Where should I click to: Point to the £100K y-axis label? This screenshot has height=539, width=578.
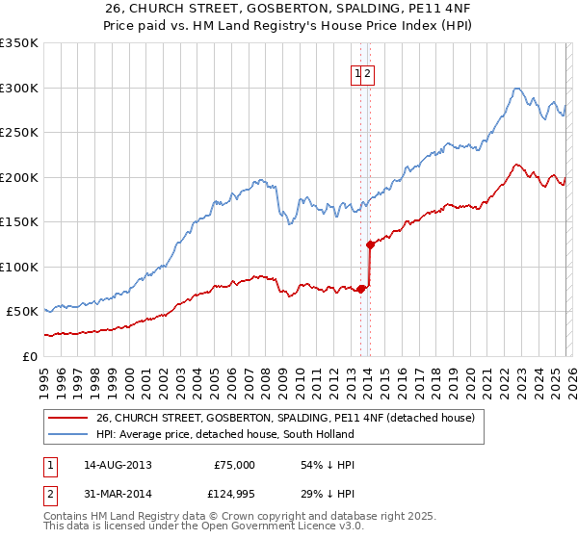click(x=19, y=267)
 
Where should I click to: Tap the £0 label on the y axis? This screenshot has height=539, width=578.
click(x=28, y=356)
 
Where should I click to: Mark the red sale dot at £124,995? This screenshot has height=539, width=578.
click(x=370, y=244)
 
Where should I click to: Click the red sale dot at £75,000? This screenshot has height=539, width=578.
click(x=361, y=289)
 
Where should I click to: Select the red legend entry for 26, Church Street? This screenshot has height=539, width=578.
click(x=285, y=419)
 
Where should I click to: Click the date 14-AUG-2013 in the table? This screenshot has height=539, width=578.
click(x=118, y=465)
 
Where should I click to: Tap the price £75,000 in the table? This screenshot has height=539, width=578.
click(x=234, y=465)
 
